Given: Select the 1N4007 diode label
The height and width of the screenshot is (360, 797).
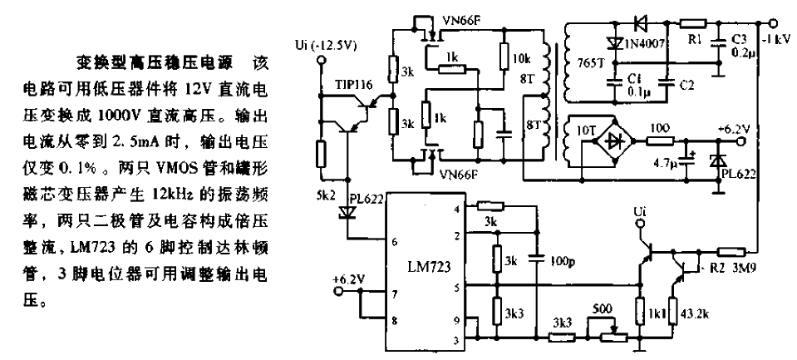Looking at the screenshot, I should [644, 44].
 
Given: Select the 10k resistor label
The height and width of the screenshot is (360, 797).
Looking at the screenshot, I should [523, 59].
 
